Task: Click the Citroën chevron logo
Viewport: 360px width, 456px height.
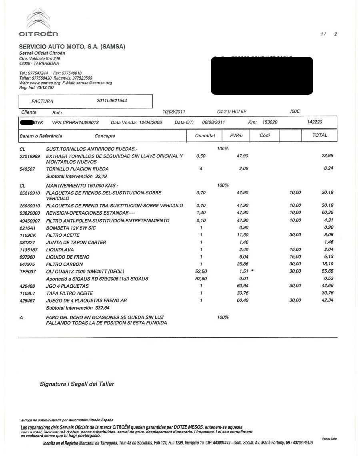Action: [x=38, y=20]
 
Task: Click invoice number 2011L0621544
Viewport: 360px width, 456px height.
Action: [x=112, y=101]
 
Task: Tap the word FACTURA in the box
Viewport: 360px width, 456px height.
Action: [x=42, y=102]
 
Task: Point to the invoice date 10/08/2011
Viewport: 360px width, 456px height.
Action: [x=174, y=112]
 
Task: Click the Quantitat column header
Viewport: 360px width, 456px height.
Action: [x=205, y=135]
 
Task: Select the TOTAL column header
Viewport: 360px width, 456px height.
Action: [x=320, y=135]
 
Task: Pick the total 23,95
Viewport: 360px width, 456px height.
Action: [x=327, y=156]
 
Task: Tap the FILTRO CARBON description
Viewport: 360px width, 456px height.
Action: [x=64, y=264]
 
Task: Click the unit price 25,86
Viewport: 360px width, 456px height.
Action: [x=242, y=264]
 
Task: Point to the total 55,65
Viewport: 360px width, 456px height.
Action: [x=327, y=271]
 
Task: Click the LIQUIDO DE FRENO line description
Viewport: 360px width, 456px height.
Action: [x=68, y=257]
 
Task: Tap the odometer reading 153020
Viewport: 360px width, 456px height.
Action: [x=270, y=122]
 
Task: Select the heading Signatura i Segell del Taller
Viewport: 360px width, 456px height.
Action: [x=77, y=384]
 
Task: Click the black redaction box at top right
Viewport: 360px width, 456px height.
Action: [x=262, y=76]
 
